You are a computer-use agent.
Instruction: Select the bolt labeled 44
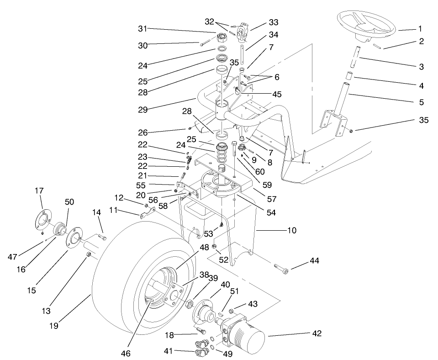pyautogui.click(x=282, y=269)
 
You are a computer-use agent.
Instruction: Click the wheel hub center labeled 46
pyautogui.click(x=151, y=302)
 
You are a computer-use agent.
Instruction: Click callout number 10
pyautogui.click(x=291, y=231)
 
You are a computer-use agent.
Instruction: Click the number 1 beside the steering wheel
pyautogui.click(x=420, y=28)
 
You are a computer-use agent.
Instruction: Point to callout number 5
pyautogui.click(x=421, y=102)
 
